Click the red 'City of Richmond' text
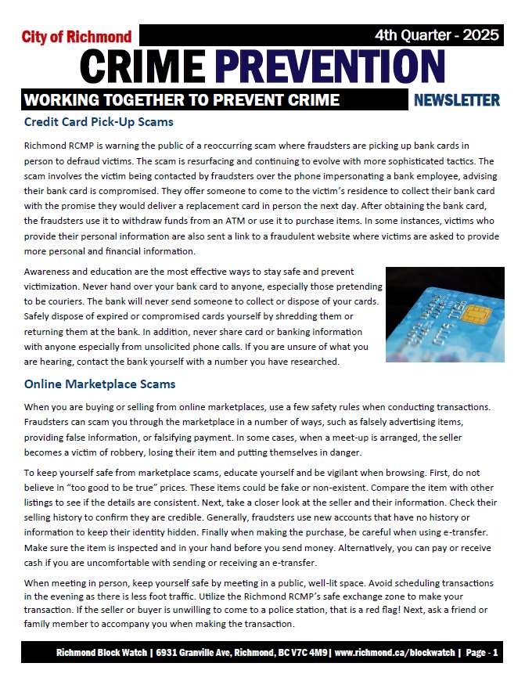(77, 37)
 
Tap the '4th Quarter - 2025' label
(437, 34)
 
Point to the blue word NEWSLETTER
(456, 100)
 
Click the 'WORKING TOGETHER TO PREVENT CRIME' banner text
(182, 100)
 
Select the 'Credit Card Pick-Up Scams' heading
(99, 122)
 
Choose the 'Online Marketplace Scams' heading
(99, 384)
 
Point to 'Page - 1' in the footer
(481, 653)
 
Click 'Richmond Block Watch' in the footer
(103, 653)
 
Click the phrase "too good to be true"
(110, 474)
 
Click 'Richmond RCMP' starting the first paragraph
(59, 146)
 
